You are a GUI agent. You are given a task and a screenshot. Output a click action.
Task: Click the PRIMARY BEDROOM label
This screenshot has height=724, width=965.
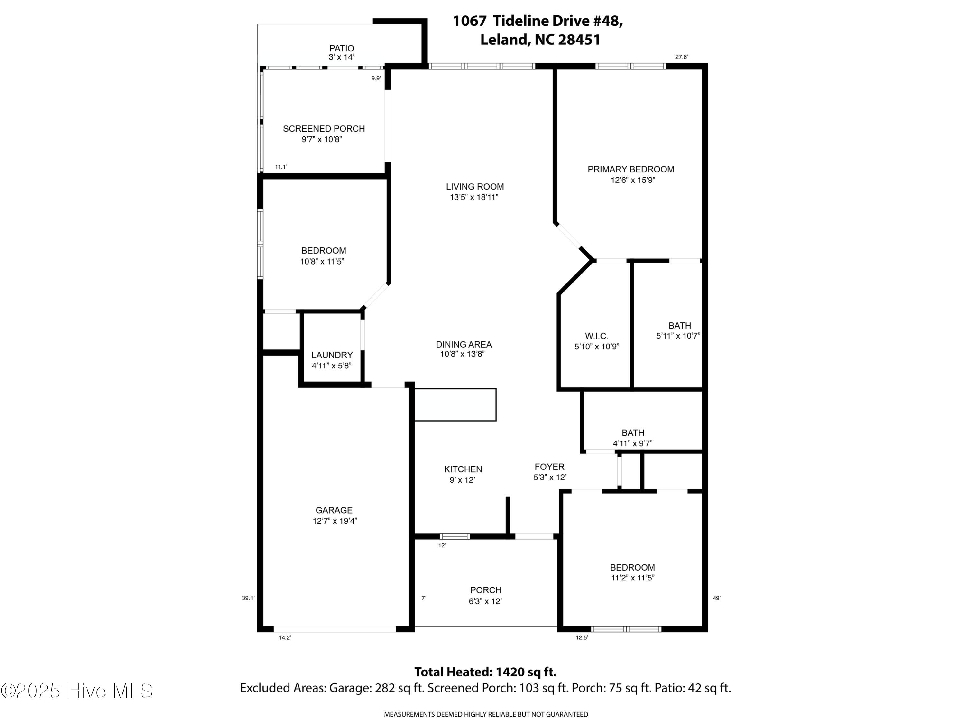coord(631,169)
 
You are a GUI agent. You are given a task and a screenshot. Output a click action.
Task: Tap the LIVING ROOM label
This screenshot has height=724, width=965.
coord(475,187)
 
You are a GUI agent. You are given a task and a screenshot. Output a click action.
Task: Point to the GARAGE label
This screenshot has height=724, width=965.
coord(334,510)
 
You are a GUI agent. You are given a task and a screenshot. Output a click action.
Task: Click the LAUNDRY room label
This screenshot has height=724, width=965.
coord(332,355)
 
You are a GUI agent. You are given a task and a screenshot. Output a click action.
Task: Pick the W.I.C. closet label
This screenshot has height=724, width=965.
coord(597,336)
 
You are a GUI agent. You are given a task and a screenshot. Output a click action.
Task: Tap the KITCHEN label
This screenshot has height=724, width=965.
coord(463,469)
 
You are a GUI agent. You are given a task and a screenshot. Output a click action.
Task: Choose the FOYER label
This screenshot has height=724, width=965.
coord(550,467)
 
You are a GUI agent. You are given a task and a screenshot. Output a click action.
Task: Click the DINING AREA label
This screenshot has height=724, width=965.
coord(464,344)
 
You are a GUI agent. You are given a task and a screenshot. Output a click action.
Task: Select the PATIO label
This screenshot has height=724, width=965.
coord(342,49)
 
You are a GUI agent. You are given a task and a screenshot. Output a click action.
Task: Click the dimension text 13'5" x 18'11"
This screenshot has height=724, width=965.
coord(474,197)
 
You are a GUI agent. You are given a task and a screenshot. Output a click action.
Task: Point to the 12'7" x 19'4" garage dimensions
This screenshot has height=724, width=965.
coord(335,521)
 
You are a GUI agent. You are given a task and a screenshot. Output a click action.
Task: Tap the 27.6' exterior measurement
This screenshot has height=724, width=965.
coord(681,57)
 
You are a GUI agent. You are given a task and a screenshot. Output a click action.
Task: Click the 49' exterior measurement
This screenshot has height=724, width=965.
coord(717,598)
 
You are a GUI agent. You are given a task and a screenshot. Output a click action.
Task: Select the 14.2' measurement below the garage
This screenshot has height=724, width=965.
coord(285,637)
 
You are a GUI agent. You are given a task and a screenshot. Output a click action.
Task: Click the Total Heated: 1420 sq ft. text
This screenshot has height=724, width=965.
coord(485,672)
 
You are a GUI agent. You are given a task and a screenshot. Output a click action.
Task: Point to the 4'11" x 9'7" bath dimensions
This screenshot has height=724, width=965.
coord(633,443)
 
